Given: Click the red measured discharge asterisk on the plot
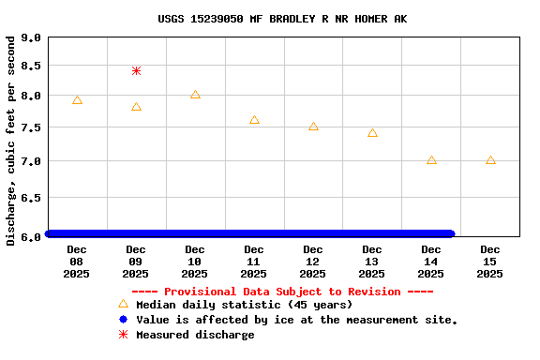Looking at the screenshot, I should pyautogui.click(x=136, y=70).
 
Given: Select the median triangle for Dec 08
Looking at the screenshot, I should pyautogui.click(x=77, y=100).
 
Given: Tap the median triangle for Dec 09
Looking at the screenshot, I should pyautogui.click(x=136, y=107).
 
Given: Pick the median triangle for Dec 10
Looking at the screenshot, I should pyautogui.click(x=195, y=95).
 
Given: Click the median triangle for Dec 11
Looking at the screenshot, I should pyautogui.click(x=254, y=120).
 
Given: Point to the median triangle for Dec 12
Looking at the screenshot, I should pyautogui.click(x=313, y=126).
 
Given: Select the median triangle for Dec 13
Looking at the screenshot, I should pyautogui.click(x=372, y=133).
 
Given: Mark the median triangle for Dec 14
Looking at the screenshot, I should pyautogui.click(x=431, y=160).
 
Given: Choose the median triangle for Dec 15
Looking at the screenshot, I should pyautogui.click(x=490, y=160).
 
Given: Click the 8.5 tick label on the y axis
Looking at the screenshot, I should pyautogui.click(x=31, y=67).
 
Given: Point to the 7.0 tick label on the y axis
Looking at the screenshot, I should pyautogui.click(x=31, y=162).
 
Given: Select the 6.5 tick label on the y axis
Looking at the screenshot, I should pyautogui.click(x=31, y=199).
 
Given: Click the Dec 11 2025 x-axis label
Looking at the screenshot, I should pyautogui.click(x=254, y=262).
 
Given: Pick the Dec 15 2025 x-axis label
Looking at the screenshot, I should pyautogui.click(x=490, y=262).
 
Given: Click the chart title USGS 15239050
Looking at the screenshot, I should pyautogui.click(x=269, y=19).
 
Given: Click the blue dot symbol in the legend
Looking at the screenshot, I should pyautogui.click(x=123, y=320).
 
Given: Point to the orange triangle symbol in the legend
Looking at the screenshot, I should pyautogui.click(x=123, y=305).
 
